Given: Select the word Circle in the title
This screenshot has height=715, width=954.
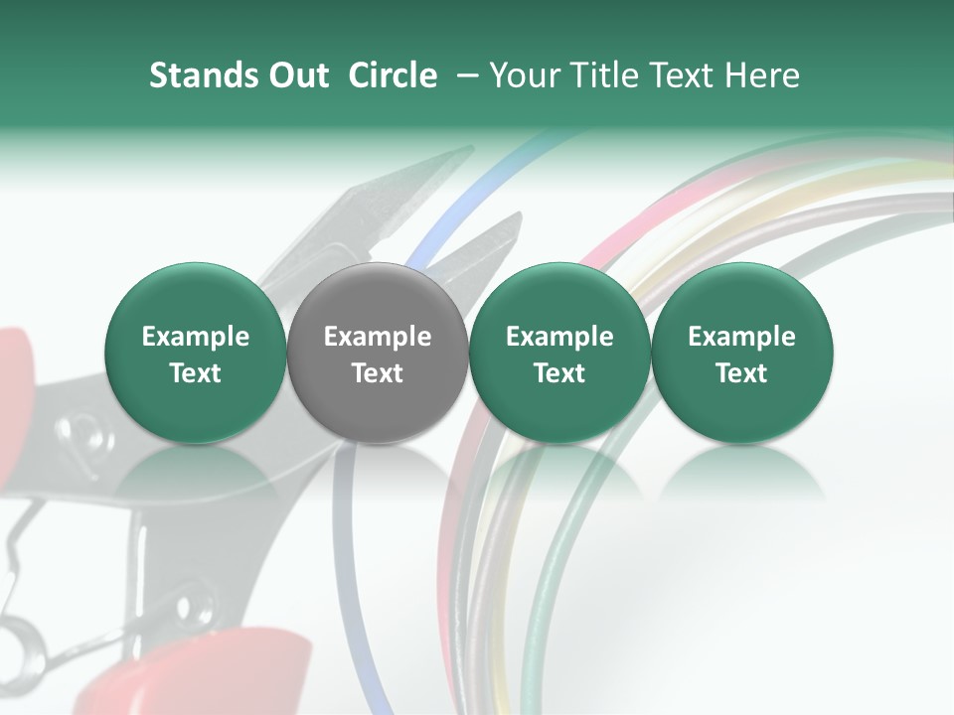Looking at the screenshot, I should point(393,75).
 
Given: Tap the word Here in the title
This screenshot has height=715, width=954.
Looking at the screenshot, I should point(763,75).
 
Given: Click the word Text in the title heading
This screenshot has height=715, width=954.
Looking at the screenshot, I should point(683,75).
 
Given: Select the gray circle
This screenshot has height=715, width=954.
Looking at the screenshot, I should point(378,354).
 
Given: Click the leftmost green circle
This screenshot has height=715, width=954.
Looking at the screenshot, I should point(196,354).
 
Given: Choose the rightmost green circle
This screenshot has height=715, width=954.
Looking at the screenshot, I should point(741,354).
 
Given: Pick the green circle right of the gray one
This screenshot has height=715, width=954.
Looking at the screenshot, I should point(559,354).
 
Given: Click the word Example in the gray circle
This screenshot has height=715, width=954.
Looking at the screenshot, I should point(378,337).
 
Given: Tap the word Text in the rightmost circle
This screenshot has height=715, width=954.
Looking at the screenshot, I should point(741,373).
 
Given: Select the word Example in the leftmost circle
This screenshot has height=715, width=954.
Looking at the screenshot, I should point(196,337).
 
